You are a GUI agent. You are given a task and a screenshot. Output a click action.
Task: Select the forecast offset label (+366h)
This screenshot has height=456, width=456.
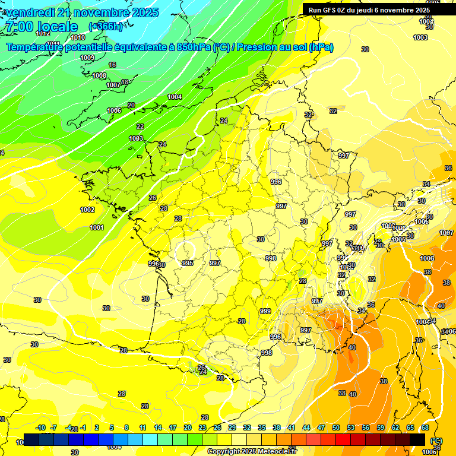tap(105, 26)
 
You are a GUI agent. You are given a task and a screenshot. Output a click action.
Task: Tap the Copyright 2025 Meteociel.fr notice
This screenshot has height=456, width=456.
tap(252, 452)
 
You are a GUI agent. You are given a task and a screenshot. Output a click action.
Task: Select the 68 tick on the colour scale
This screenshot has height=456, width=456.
tap(425, 427)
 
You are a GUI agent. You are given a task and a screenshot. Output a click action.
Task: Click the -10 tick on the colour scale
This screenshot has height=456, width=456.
tap(40, 427)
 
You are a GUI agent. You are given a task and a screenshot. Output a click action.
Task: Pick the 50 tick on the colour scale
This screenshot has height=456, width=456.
tap(336, 427)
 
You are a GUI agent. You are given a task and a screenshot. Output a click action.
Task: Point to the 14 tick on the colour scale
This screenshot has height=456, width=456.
tap(158, 427)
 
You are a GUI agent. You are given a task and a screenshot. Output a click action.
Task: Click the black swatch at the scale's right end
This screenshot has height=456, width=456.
tap(417, 439)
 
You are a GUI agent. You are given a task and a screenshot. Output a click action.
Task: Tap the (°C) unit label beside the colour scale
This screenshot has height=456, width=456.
tap(436, 440)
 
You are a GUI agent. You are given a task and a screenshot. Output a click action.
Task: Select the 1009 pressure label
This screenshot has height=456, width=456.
tap(87, 58)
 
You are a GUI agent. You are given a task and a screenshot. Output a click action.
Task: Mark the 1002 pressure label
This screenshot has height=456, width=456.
tap(87, 210)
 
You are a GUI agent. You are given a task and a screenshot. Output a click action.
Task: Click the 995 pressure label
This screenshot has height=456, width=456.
tap(188, 263)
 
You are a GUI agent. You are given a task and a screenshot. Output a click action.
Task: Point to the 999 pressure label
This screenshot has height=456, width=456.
tap(265, 311)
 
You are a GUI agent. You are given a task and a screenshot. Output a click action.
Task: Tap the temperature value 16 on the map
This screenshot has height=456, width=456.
tap(112, 65)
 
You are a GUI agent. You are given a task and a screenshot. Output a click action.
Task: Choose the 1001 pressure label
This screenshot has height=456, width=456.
tap(97, 227)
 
